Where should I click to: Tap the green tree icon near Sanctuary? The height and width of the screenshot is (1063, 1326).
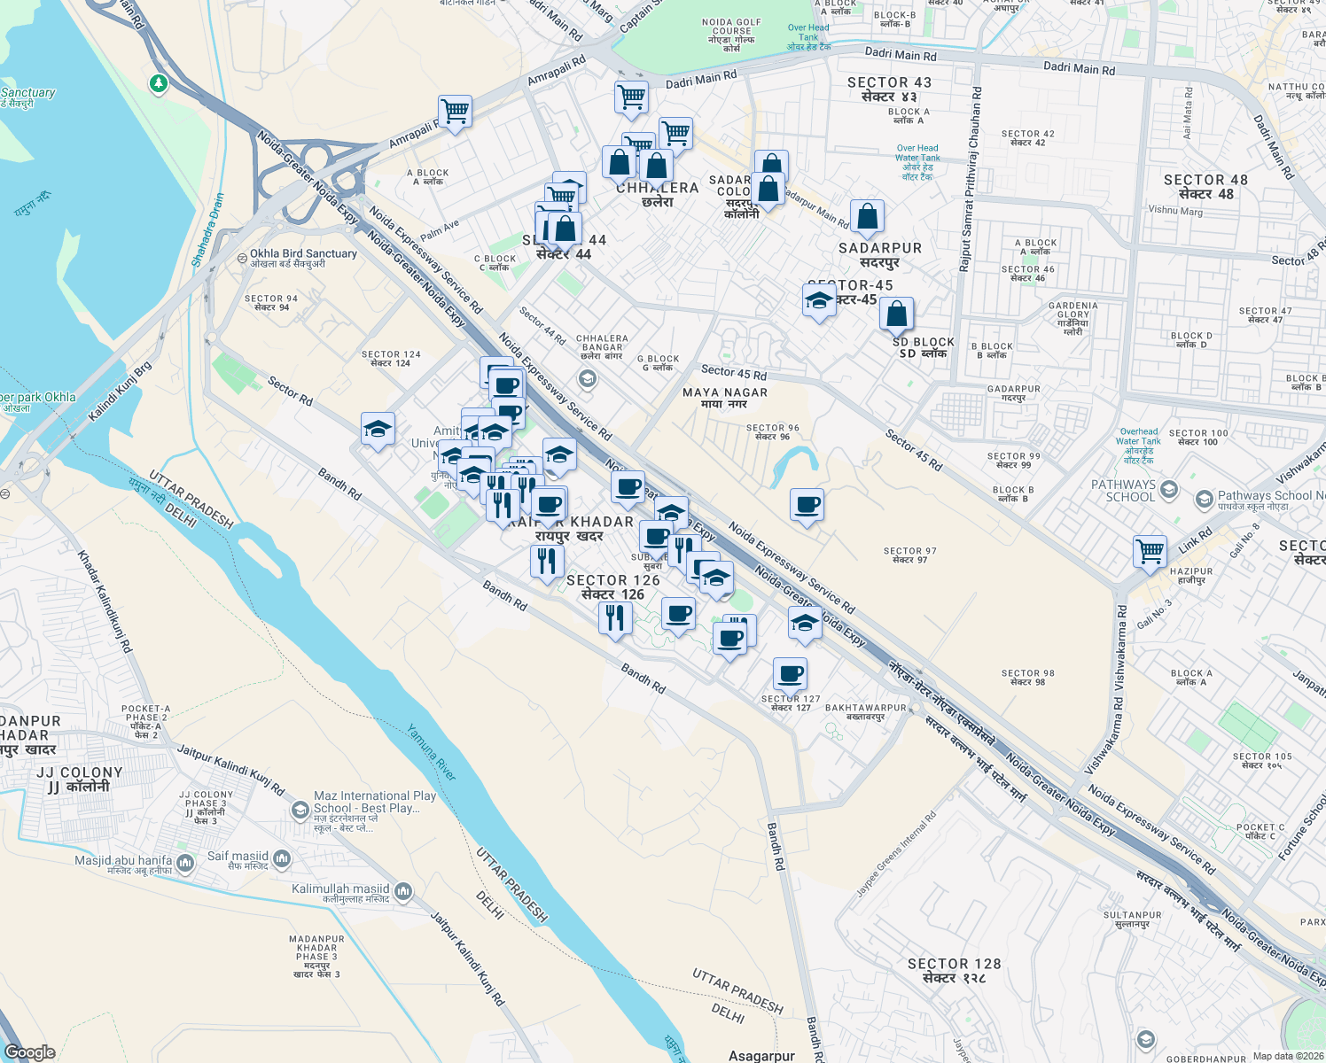159,83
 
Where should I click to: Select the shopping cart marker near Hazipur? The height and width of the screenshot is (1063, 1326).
1150,551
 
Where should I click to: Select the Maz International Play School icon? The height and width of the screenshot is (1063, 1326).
300,810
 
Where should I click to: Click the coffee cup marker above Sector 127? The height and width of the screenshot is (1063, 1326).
790,674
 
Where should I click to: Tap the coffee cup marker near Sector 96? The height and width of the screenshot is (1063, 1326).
807,505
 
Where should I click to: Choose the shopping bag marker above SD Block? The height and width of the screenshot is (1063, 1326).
896,314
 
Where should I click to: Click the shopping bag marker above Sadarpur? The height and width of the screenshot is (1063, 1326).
867,217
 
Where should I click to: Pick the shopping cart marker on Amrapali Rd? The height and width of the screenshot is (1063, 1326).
455,112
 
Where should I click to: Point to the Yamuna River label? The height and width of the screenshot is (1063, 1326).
432,753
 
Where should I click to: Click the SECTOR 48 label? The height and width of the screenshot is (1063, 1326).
1205,187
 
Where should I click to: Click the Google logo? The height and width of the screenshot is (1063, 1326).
29,1052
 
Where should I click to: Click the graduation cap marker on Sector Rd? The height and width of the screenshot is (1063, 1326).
378,430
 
